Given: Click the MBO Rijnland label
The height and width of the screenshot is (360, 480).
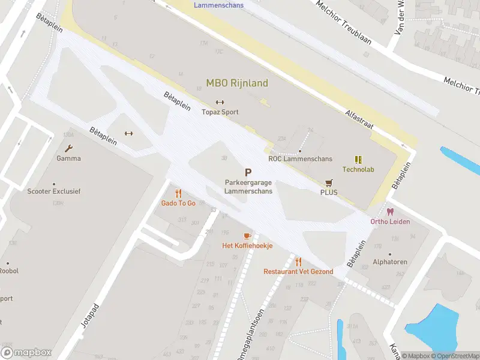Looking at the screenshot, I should pyautogui.click(x=237, y=83).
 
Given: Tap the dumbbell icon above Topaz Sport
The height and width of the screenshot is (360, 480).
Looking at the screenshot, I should pyautogui.click(x=220, y=101).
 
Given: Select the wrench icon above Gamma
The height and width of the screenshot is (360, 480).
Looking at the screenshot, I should pyautogui.click(x=68, y=148).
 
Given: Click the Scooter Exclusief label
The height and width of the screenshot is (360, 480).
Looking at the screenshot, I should pyautogui.click(x=54, y=191).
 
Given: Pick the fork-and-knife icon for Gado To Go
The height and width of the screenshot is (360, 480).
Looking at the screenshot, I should pyautogui.click(x=178, y=193).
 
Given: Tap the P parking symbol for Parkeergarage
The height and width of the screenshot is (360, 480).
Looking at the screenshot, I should pyautogui.click(x=248, y=172).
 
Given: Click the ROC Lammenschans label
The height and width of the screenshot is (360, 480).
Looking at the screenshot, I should pyautogui.click(x=300, y=159).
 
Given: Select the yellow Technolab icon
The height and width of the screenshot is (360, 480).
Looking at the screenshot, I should pyautogui.click(x=358, y=160).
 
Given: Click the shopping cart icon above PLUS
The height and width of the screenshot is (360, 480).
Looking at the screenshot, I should pyautogui.click(x=329, y=182).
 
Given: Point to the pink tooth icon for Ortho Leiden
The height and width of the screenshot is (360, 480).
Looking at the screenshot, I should pyautogui.click(x=391, y=212).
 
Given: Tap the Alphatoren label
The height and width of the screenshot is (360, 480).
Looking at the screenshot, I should pyautogui.click(x=390, y=262).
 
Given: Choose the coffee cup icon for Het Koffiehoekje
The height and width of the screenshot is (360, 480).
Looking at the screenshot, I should pyautogui.click(x=247, y=236).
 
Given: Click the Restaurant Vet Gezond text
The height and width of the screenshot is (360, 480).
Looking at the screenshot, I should pyautogui.click(x=298, y=272).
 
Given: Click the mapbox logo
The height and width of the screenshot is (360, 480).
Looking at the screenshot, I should pyautogui.click(x=26, y=353).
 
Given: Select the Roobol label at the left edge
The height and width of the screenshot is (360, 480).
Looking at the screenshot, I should pyautogui.click(x=9, y=271).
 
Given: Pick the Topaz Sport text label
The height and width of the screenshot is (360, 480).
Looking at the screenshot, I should pyautogui.click(x=220, y=112).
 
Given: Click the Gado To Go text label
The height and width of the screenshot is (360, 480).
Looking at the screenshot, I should pyautogui.click(x=178, y=203).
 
